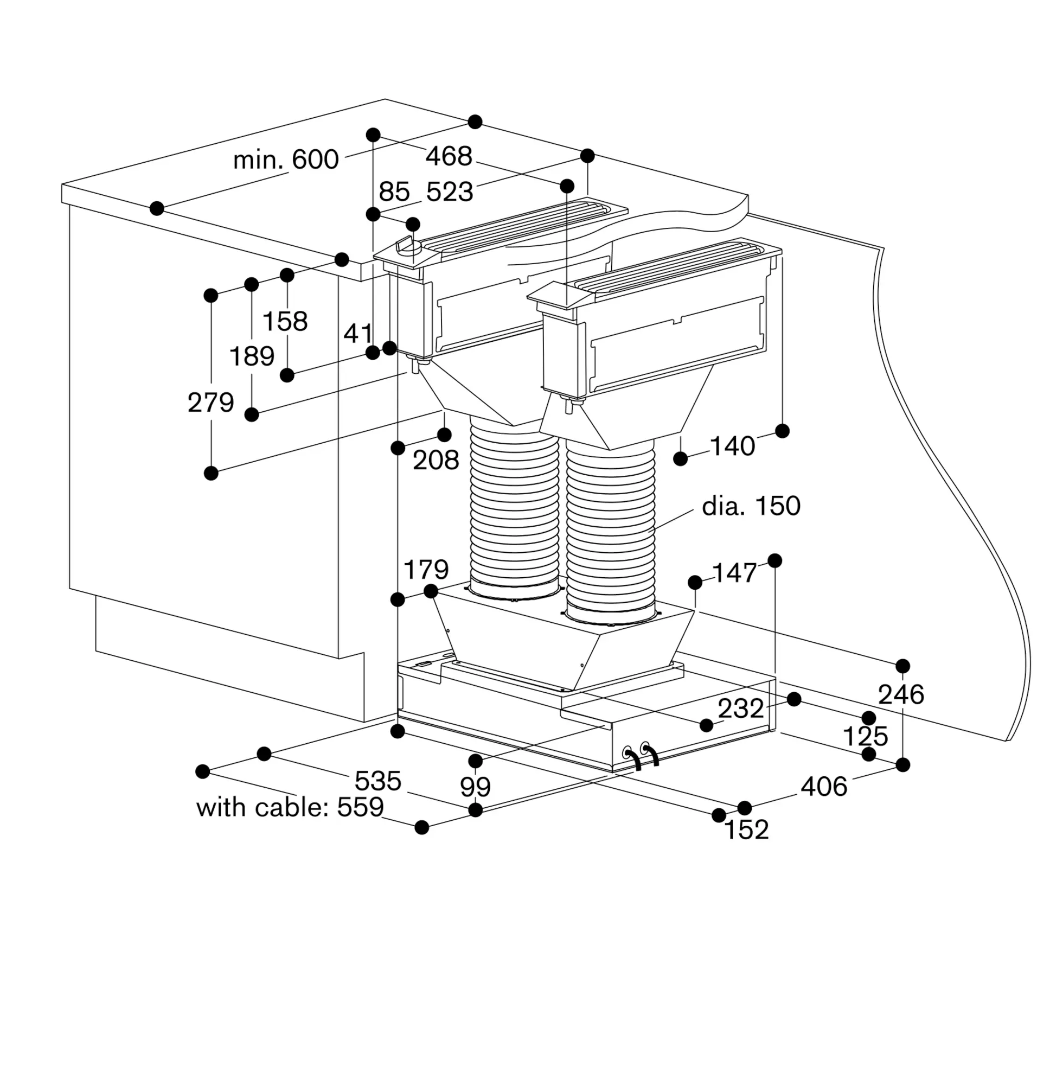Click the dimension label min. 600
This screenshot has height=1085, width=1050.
[x=286, y=159]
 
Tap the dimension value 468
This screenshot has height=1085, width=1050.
[x=449, y=156]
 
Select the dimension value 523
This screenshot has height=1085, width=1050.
[x=450, y=192]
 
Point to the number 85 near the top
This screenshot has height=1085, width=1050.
[x=394, y=192]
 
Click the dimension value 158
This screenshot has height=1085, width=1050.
[x=285, y=321]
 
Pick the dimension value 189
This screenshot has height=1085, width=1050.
[x=252, y=356]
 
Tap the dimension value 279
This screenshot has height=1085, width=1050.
[x=211, y=403]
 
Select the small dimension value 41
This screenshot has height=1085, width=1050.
[x=358, y=333]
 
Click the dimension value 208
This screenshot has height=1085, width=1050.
[x=436, y=460]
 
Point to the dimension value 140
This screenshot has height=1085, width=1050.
[x=732, y=445]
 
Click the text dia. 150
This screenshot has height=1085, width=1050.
[x=751, y=506]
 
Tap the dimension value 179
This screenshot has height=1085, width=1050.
[x=426, y=569]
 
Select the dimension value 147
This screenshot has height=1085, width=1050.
[x=734, y=573]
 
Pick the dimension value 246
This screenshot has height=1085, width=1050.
[x=901, y=694]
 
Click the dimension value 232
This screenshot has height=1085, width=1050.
[x=741, y=708]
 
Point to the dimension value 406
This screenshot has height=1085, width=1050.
[x=824, y=786]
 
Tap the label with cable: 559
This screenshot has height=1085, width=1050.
[x=290, y=807]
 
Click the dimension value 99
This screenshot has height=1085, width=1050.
[x=476, y=787]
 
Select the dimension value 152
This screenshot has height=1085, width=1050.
[x=747, y=830]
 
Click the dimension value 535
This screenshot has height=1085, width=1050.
[x=378, y=781]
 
